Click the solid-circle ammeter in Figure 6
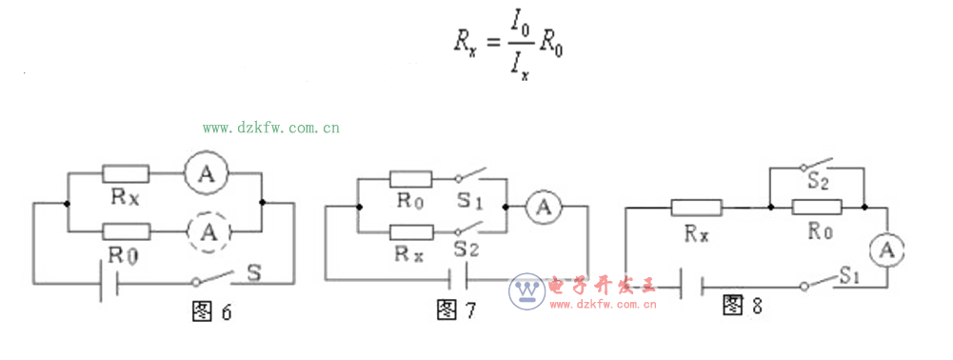(203, 173)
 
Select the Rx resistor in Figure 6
(126, 173)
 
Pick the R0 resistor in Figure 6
(127, 230)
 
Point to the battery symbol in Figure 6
(108, 283)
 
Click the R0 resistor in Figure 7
(411, 178)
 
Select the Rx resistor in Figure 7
(411, 231)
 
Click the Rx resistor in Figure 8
(696, 206)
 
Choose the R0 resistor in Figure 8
(816, 206)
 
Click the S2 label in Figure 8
(816, 178)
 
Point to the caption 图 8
(744, 305)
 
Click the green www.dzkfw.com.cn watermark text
(270, 127)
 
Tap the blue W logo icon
(526, 290)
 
